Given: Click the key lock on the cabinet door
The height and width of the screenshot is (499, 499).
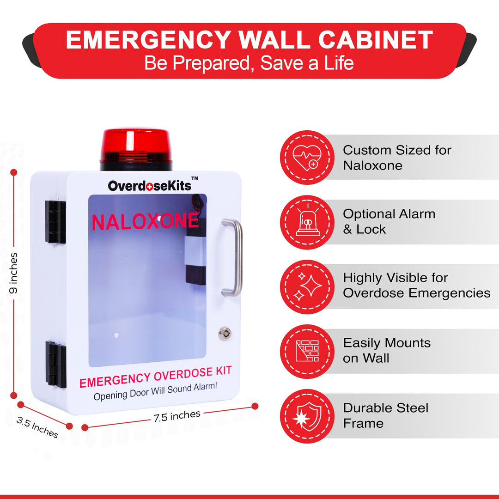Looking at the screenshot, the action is [x=225, y=334].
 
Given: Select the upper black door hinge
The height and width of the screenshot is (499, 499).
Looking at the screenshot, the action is [x=55, y=222].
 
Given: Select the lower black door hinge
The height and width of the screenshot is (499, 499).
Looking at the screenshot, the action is [x=56, y=364].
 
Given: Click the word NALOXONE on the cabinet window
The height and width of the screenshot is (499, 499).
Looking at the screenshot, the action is [x=145, y=221].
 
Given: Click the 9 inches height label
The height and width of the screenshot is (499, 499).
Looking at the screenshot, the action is [x=13, y=273].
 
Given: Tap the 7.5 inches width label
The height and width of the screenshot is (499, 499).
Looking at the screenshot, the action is [x=177, y=416].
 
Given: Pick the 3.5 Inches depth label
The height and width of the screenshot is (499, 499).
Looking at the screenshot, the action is [x=37, y=427].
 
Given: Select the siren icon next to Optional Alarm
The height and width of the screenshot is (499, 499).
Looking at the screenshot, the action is [x=307, y=221].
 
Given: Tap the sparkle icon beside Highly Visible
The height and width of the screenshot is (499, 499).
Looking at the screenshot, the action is [x=307, y=286].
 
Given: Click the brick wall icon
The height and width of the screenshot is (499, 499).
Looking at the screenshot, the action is [x=307, y=351].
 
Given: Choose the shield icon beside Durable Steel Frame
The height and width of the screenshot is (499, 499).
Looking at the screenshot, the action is [x=307, y=416].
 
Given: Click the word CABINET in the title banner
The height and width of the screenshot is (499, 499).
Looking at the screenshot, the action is [x=376, y=40].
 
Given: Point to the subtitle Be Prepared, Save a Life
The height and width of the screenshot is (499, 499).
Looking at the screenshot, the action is [x=249, y=63].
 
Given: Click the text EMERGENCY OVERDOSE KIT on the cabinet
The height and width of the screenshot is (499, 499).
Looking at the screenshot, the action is [x=156, y=377].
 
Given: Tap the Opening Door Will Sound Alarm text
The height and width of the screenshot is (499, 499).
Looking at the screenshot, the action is [x=155, y=391].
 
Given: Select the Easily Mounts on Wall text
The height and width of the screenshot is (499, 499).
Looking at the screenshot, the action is [x=387, y=350].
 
